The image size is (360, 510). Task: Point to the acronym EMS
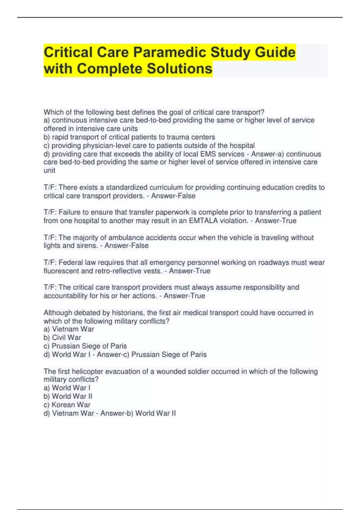coord(208,154)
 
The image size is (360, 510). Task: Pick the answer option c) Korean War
coord(67,405)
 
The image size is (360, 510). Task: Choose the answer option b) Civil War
coord(62,337)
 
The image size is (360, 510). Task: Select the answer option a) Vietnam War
coord(69,329)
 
